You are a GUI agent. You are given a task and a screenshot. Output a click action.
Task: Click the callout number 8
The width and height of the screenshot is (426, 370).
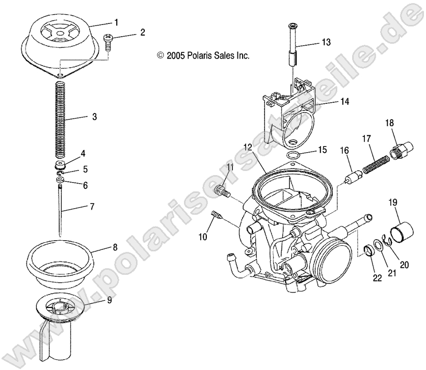click(x=115, y=248)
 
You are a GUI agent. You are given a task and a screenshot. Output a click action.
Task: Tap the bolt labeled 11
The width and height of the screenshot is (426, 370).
click(x=222, y=191)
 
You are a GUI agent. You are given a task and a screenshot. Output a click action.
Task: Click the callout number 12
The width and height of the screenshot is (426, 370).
click(x=248, y=147)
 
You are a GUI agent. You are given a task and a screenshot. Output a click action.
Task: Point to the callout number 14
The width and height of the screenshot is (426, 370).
click(x=330, y=102)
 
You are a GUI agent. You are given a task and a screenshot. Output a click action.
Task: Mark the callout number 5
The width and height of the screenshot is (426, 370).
click(x=86, y=168)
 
